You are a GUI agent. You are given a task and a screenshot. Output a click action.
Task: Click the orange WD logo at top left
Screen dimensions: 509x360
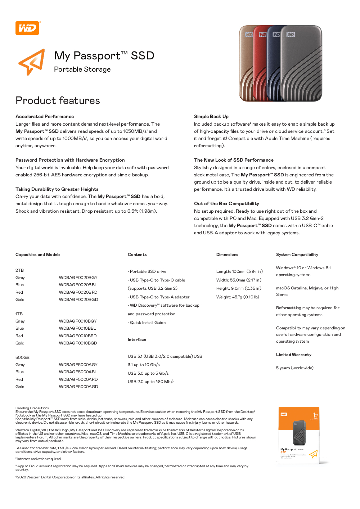click(27, 28)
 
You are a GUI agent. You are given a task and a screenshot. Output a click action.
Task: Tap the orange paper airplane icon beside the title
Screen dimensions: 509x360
click(32, 62)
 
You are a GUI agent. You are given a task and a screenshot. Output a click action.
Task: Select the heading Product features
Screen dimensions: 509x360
click(58, 100)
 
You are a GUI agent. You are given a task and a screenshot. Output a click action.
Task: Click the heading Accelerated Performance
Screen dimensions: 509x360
click(45, 117)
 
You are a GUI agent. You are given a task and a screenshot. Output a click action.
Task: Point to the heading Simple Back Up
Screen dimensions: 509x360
click(211, 117)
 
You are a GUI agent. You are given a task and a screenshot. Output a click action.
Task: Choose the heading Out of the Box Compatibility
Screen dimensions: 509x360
click(226, 204)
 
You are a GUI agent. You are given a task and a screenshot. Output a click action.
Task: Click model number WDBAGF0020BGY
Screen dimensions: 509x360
click(78, 278)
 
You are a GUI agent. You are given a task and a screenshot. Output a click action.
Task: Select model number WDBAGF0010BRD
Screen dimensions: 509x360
click(78, 336)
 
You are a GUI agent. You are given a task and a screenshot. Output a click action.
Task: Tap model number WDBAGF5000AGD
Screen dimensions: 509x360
click(78, 387)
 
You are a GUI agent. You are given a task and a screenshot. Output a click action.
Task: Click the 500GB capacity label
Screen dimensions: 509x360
click(22, 357)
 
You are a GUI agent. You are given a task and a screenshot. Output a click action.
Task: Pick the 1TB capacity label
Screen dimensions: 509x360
click(19, 314)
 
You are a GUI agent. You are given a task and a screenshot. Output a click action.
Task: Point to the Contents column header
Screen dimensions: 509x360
click(137, 254)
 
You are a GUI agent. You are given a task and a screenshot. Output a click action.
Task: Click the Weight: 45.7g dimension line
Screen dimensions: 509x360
click(238, 297)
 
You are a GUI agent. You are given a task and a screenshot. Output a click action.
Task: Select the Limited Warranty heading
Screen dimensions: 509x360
click(294, 355)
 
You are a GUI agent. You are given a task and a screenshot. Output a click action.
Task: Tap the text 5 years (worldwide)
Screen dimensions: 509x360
click(295, 368)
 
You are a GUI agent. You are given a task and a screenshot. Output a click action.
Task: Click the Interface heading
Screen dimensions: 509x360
click(137, 339)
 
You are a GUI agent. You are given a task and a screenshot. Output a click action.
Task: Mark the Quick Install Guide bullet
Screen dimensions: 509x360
click(148, 323)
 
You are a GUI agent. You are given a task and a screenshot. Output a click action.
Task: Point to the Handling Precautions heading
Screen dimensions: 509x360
click(32, 408)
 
